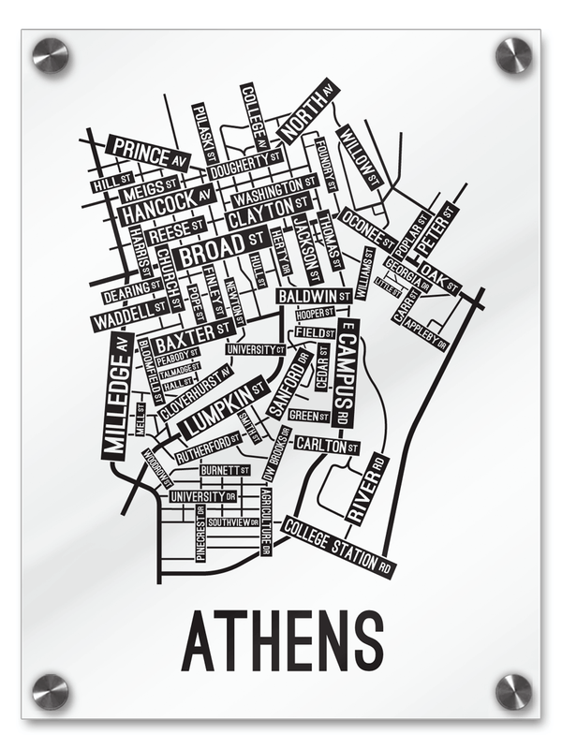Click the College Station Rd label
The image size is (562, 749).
pyautogui.click(x=338, y=547)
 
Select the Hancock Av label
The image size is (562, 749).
pyautogui.click(x=168, y=205)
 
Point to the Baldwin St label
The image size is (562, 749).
pyautogui.click(x=314, y=296)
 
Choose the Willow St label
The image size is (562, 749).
pyautogui.click(x=359, y=156)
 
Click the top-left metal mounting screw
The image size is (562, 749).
pyautogui.click(x=51, y=55)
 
